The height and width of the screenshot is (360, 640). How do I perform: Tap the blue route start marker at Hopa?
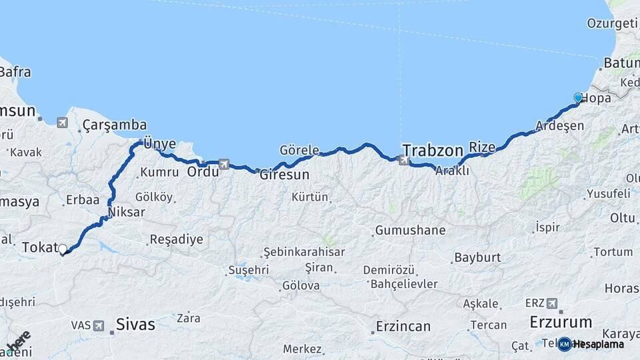578,98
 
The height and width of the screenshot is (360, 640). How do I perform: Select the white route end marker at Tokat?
63,249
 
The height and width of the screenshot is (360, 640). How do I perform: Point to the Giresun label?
284,175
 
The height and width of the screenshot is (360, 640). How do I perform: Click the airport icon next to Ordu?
224,164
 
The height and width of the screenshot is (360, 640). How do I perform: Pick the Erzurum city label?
561,322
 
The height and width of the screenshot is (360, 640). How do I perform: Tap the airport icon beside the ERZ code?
551,303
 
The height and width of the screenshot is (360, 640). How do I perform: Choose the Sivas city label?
135,325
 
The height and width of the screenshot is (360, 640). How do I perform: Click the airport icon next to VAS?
99,326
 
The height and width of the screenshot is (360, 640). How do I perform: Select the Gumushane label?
410,231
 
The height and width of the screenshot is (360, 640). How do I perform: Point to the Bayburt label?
477,257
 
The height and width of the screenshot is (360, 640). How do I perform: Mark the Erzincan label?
402,327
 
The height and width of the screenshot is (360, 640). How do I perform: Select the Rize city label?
483,146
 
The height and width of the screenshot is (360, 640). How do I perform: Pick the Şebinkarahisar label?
304,252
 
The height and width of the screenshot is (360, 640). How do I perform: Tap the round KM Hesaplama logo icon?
564,344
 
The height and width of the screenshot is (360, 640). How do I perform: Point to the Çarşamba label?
115,125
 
